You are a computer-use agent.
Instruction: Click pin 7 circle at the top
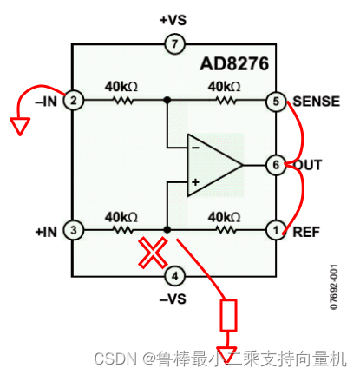point(175,43)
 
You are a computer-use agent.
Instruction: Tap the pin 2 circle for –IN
point(75,101)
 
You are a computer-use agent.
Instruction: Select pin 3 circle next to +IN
point(75,230)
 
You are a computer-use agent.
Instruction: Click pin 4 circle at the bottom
point(175,277)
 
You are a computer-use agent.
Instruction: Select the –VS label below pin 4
point(174,300)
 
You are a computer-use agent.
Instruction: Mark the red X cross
point(153,254)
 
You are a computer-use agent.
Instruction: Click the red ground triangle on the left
point(18,128)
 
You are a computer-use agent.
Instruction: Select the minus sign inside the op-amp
point(195,148)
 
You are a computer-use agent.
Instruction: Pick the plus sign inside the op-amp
point(195,182)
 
